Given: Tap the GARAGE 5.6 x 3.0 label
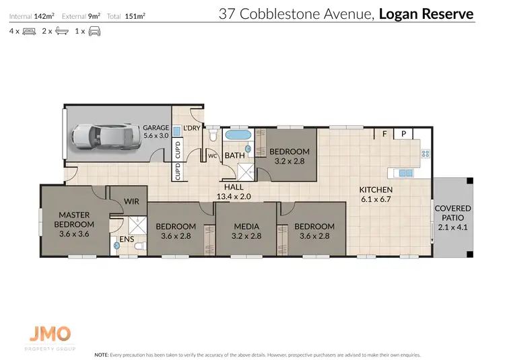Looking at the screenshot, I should [x=156, y=131].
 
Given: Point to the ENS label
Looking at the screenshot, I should [x=126, y=239].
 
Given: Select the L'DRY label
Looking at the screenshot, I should [x=191, y=127].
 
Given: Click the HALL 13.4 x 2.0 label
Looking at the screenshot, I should [x=234, y=192].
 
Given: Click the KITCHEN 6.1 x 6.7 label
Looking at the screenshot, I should [x=376, y=194].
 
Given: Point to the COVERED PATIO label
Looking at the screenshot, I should [x=452, y=218].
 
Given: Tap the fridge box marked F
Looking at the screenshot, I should [x=384, y=134].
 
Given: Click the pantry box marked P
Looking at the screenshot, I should [x=403, y=134].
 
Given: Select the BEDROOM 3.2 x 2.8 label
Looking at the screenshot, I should [x=290, y=156].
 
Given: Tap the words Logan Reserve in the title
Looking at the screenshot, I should [x=426, y=13].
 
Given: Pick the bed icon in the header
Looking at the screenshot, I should [x=29, y=31].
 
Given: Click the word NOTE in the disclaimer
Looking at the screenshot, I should [x=102, y=354].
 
